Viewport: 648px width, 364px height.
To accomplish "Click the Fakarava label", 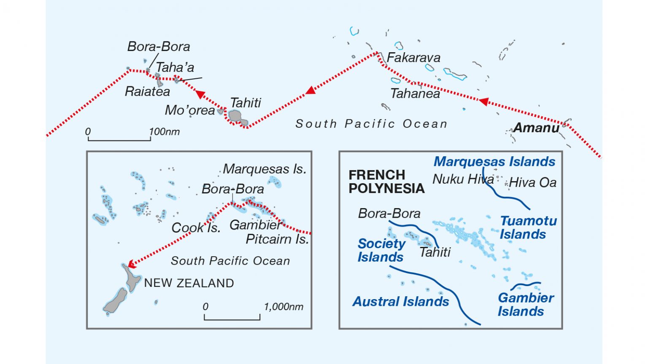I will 413,58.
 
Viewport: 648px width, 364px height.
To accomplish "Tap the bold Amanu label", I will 536,128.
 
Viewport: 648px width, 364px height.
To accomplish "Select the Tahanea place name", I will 415,94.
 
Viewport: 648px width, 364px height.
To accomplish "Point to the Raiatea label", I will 147,91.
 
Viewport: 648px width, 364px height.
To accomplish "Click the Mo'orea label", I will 190,110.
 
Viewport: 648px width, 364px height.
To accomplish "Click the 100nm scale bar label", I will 165,132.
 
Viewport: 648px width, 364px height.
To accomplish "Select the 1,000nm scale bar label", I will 283,307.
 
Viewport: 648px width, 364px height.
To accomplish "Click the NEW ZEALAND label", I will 189,283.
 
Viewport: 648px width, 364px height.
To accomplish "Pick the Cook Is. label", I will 196,228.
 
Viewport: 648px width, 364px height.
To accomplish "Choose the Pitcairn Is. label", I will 277,239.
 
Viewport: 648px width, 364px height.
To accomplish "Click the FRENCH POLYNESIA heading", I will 386,182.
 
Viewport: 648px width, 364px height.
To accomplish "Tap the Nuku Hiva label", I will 463,179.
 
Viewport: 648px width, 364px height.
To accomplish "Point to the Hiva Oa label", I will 532,183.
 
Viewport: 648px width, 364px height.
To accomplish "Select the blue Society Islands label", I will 381,250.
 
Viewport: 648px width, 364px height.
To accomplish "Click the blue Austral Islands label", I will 400,302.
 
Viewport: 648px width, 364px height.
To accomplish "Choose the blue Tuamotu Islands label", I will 528,227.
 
